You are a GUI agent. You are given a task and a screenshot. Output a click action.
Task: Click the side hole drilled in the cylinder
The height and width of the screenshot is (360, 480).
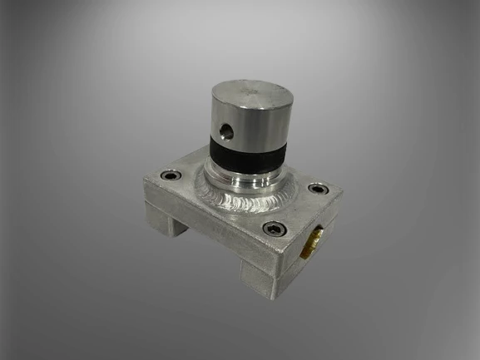coord(225,130)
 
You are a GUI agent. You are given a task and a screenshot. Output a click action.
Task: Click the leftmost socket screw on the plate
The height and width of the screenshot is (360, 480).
coord(169,175)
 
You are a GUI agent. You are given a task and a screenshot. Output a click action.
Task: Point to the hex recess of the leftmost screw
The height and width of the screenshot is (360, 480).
coord(169,175)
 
